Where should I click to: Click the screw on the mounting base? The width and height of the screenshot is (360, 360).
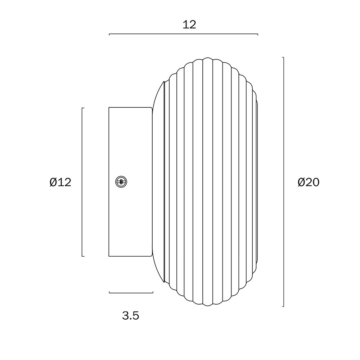[121, 182]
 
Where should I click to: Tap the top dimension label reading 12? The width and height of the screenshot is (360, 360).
[189, 24]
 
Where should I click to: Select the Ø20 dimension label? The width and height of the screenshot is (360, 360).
[309, 182]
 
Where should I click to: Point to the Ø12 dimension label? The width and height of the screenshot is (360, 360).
[60, 182]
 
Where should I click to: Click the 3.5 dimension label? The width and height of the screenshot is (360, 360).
[131, 316]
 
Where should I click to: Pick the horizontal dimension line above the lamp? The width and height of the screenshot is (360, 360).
[184, 34]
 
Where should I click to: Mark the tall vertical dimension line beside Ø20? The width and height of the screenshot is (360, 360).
[283, 182]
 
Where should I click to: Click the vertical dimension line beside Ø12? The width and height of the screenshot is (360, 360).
[82, 182]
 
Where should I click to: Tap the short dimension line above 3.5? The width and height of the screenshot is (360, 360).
[131, 292]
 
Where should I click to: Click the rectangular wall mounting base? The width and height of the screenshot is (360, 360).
[130, 181]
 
